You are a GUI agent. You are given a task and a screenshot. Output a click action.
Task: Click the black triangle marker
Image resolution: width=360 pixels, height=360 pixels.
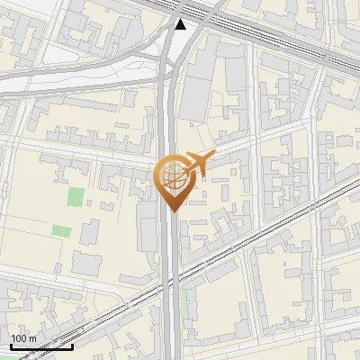point(181,24)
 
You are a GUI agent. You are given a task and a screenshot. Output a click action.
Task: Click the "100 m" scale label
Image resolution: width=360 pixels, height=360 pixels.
point(23,338)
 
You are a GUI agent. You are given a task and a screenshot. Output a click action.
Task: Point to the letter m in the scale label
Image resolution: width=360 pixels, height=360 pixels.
point(32,338)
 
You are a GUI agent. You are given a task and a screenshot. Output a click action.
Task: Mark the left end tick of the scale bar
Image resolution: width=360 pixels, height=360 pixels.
point(11,346)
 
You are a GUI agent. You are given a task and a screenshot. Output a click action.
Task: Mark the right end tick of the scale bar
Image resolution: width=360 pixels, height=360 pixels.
point(73,346)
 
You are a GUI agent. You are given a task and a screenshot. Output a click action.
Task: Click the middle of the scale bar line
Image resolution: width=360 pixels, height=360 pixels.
point(41,347)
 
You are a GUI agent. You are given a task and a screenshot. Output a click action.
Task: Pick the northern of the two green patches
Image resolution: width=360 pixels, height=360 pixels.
point(76,197)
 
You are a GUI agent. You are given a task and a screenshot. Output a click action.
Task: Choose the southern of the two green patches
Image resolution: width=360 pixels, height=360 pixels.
point(61,231)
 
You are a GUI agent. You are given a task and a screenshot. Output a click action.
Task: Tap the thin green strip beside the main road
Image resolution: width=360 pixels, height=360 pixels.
point(185,303)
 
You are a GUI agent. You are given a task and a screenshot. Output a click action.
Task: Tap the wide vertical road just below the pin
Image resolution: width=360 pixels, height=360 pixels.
point(171,243)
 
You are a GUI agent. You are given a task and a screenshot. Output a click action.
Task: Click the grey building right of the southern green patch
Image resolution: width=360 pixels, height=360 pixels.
point(90,232)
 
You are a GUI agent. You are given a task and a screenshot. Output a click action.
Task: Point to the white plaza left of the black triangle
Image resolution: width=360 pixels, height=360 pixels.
point(148,63)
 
